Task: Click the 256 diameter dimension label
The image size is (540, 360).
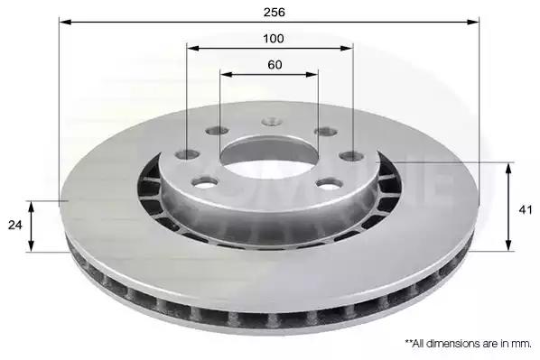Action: [275, 13]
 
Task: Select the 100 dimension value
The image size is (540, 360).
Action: [274, 39]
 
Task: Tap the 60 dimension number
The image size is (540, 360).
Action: [275, 65]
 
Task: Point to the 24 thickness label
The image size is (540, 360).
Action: [14, 225]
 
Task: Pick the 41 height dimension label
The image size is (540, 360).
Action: [526, 210]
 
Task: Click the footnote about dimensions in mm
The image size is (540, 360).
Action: [468, 344]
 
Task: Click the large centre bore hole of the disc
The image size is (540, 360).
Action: [269, 157]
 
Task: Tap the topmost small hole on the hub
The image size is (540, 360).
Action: [272, 122]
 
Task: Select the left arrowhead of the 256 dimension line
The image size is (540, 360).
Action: [65, 22]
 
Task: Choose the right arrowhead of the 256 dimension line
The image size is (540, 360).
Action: [473, 22]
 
